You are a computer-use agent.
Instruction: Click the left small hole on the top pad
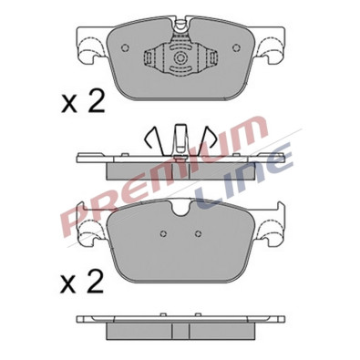125,47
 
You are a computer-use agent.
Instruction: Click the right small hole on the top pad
236,47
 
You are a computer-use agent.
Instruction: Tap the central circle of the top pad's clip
180,57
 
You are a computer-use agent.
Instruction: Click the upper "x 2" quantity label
83,101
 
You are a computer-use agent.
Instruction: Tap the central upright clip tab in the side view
180,139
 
